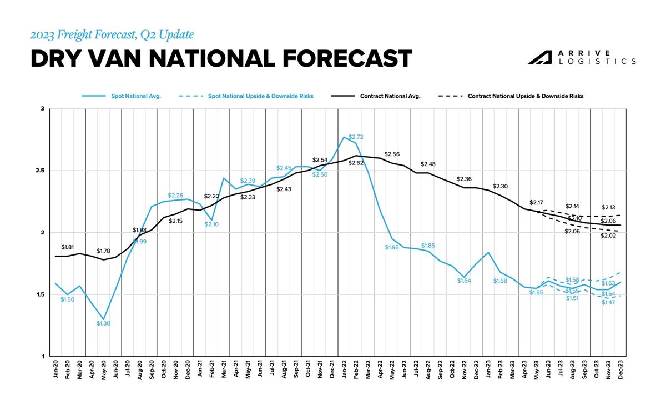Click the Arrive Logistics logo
pos(581,57)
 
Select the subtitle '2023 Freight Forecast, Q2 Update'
pos(112,34)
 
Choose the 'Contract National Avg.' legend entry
pos(390,96)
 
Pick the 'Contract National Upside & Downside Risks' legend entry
pos(525,96)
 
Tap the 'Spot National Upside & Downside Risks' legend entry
pos(260,96)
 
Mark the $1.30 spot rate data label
pos(104,323)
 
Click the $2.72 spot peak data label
pos(356,137)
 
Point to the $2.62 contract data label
pos(356,163)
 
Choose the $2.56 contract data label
pos(392,154)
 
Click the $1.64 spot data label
pos(464,281)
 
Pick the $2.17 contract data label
pos(537,203)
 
